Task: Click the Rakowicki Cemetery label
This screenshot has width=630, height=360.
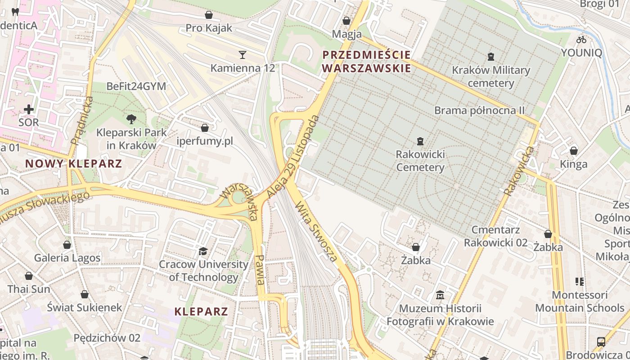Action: coord(420,161)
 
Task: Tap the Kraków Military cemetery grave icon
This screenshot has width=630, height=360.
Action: coord(490,57)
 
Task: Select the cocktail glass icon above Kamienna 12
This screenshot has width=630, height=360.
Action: coord(243,55)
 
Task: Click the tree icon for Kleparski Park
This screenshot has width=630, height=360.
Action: coord(131,119)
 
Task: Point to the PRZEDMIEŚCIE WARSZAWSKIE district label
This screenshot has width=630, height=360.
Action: coord(367,62)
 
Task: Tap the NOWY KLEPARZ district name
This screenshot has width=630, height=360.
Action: coord(74,163)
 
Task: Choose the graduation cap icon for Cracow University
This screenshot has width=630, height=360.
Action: coord(203,251)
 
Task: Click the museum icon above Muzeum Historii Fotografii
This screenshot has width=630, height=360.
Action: coord(440,295)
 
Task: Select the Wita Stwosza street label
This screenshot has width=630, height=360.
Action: coord(316,232)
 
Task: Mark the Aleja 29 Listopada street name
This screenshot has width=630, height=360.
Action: coord(293,157)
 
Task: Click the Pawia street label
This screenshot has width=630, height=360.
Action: coord(260,270)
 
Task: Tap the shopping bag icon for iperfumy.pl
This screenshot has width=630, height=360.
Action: coord(205,128)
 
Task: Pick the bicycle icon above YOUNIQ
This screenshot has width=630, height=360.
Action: coord(581,40)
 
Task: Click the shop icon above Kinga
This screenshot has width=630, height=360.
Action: coord(574,150)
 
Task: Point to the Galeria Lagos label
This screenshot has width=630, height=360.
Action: coord(67,258)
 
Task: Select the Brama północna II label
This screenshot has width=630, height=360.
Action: coord(479,110)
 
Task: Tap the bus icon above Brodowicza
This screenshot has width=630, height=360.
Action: coord(601,342)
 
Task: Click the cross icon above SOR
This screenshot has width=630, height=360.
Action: coord(29,109)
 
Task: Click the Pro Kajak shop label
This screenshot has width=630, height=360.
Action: coord(209,28)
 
